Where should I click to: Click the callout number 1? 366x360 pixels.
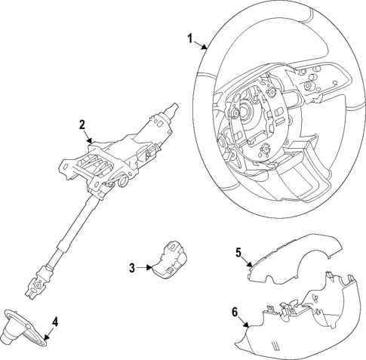191,38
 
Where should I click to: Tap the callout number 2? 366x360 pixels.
84,125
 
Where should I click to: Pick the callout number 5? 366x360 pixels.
238,253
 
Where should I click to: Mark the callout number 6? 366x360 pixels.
234,312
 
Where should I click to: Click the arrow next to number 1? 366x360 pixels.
201,45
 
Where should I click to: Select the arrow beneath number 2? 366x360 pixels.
89,137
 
